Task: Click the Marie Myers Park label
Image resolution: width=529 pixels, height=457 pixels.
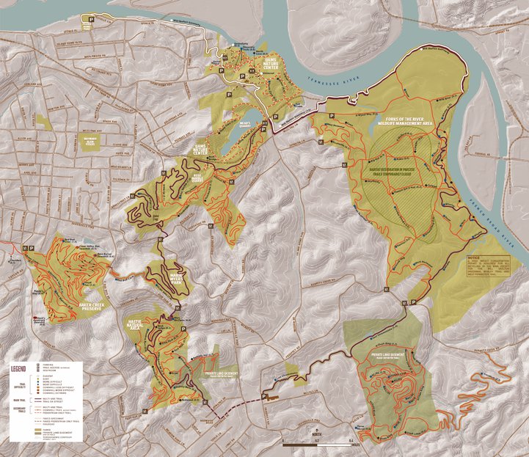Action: point(181,278)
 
